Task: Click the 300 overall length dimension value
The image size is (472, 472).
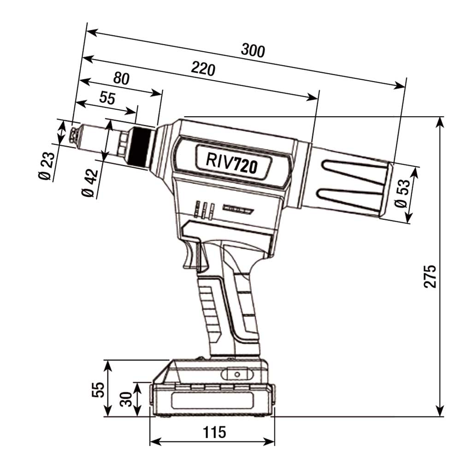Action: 253,50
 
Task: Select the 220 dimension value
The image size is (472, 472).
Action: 203,69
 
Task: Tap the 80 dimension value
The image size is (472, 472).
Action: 121,78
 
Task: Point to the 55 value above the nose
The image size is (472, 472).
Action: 107,98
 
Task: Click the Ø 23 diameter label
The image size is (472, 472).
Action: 47,165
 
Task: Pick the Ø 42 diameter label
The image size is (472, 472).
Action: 90,183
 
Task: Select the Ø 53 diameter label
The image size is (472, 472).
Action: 402,193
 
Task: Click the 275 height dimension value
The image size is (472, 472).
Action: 430,277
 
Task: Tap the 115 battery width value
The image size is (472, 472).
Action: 214,432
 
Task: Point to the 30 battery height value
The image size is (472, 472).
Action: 126,399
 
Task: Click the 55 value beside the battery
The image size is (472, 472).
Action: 98,389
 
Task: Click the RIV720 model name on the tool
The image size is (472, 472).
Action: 231,162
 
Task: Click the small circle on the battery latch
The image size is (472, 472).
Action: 237,374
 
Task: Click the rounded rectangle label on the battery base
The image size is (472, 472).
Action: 212,401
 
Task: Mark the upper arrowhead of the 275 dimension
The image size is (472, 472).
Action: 440,121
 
